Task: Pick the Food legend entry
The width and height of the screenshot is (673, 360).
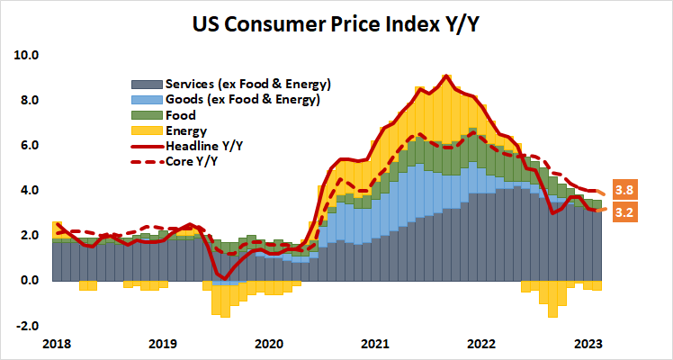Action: point(181,115)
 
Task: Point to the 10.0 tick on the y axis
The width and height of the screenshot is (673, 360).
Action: point(28,55)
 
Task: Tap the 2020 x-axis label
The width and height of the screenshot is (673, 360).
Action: point(268,343)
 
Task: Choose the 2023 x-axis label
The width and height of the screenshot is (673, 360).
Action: point(588,343)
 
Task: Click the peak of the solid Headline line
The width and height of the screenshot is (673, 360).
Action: point(447,76)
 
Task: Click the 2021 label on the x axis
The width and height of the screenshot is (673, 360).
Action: point(375,343)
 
